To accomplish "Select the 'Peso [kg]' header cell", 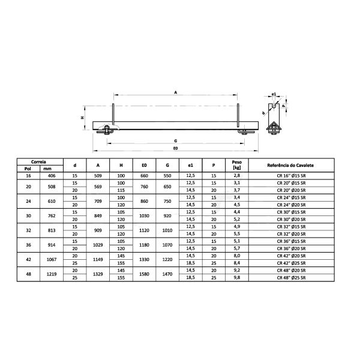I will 236,165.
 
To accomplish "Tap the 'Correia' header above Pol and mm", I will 39,161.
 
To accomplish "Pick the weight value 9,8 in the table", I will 236,278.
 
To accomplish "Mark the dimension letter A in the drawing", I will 175,93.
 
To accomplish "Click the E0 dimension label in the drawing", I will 175,148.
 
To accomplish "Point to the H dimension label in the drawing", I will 82,118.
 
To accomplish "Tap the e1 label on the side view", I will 274,94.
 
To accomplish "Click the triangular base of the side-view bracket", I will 273,127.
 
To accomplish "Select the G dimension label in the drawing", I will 175,139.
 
